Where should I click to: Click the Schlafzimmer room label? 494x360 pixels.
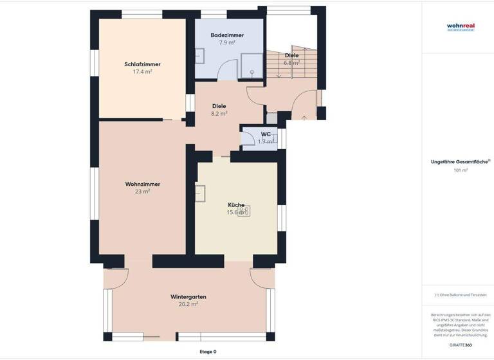(x=142, y=64)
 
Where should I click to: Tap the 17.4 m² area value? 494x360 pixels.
(x=142, y=72)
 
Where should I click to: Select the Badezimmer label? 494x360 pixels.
(x=226, y=35)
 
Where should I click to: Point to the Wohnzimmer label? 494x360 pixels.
(x=142, y=184)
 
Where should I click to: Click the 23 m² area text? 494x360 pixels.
(x=142, y=192)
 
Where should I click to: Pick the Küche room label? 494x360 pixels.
(x=235, y=204)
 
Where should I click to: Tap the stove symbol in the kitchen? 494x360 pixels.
(x=244, y=210)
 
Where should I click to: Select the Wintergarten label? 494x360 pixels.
(x=188, y=296)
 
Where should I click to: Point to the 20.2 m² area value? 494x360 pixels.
(x=188, y=304)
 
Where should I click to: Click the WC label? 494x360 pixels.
(x=266, y=134)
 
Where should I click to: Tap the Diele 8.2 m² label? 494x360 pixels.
(x=219, y=109)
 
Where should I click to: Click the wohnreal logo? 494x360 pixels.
(x=460, y=27)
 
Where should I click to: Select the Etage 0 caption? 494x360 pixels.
(x=208, y=352)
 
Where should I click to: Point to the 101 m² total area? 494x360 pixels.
(x=460, y=170)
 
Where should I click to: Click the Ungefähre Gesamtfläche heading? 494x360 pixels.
(x=460, y=162)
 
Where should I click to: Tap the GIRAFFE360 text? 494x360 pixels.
(x=460, y=345)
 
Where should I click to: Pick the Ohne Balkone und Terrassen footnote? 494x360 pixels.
(x=460, y=295)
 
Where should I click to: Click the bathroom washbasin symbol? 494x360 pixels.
(x=200, y=56)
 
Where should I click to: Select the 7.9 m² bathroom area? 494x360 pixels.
(x=226, y=42)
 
